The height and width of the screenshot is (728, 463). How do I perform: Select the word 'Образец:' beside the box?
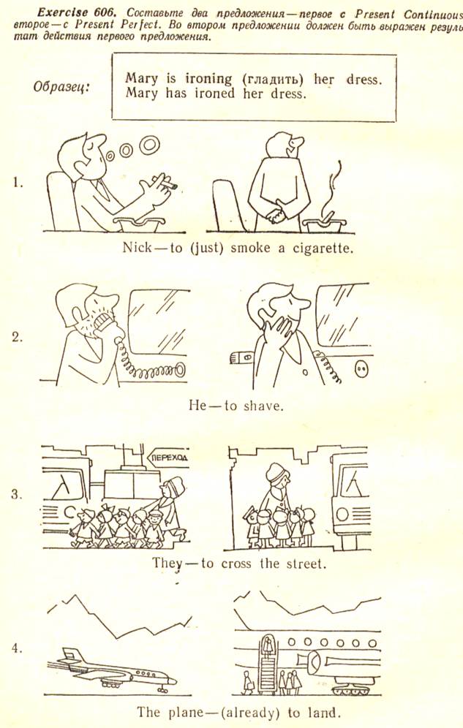(61, 87)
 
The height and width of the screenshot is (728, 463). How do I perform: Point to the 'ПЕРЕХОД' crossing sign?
(168, 458)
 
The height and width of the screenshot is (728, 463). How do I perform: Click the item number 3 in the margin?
(17, 495)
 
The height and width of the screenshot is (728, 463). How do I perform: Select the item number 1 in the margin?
(17, 183)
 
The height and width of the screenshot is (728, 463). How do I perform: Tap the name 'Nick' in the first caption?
(137, 248)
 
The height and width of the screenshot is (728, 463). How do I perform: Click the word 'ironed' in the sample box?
(214, 94)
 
